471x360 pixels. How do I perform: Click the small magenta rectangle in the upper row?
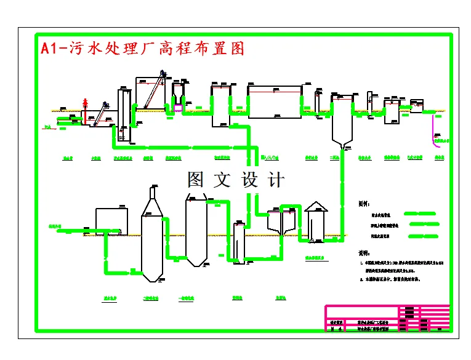pos(178,108)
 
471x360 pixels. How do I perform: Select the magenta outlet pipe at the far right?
pos(434,130)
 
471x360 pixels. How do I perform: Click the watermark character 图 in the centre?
pos(196,180)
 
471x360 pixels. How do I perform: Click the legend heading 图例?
pos(365,202)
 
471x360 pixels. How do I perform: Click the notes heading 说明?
pos(365,252)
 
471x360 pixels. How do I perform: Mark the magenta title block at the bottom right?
pos(387,319)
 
